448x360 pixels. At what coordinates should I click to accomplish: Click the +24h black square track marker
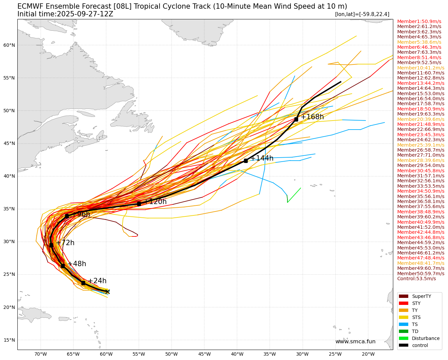[83, 283]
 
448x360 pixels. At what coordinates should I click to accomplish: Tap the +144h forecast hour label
[262, 158]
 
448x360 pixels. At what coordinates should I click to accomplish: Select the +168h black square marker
[296, 119]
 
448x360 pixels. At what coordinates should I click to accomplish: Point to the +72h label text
[65, 243]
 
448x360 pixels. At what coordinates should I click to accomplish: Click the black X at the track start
[107, 292]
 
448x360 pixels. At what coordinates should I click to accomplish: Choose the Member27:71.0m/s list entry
[421, 155]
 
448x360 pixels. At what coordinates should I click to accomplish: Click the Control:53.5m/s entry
[416, 279]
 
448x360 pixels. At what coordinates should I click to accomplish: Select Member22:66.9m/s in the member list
[421, 129]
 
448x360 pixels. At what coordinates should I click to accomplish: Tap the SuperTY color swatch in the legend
[404, 296]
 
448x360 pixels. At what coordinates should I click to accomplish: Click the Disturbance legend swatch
[404, 338]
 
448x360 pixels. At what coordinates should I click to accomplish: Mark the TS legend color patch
[404, 324]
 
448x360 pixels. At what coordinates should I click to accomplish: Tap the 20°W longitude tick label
[368, 354]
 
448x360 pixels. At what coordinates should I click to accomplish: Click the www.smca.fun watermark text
[355, 342]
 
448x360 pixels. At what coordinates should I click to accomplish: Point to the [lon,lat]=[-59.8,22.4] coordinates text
[362, 14]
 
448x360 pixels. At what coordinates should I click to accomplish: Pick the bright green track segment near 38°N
[294, 195]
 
